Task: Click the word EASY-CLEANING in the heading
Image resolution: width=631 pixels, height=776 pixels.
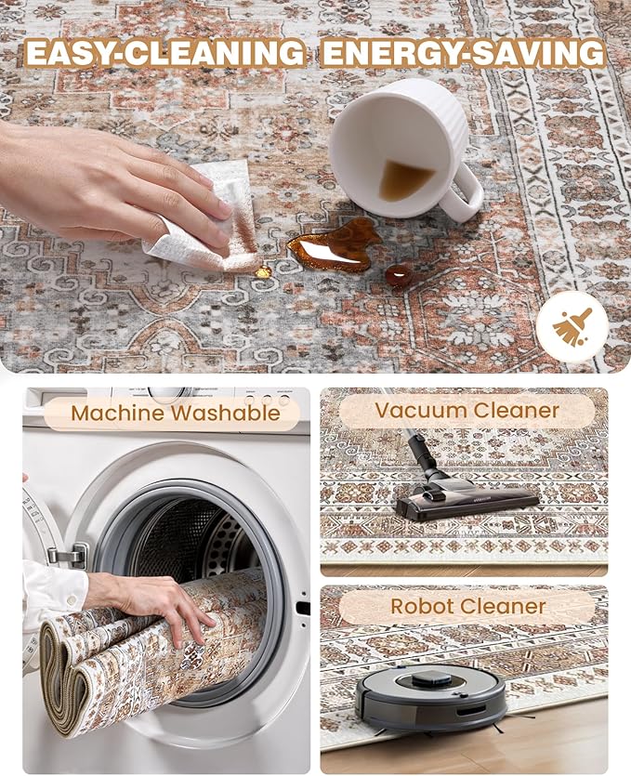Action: pos(165,52)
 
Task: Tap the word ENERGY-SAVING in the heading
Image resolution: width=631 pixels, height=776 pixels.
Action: pos(463,52)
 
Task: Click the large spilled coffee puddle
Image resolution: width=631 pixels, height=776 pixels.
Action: pos(335,245)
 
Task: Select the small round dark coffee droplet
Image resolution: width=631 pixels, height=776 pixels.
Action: pos(399,276)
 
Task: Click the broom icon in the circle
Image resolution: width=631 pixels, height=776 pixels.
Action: pos(572,326)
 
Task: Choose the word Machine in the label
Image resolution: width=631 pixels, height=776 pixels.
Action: pos(118,413)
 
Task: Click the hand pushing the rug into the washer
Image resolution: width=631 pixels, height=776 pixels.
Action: pos(151,605)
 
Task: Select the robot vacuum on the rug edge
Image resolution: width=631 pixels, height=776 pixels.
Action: pos(430,698)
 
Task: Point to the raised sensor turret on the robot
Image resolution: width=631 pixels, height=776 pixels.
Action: pos(432,679)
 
